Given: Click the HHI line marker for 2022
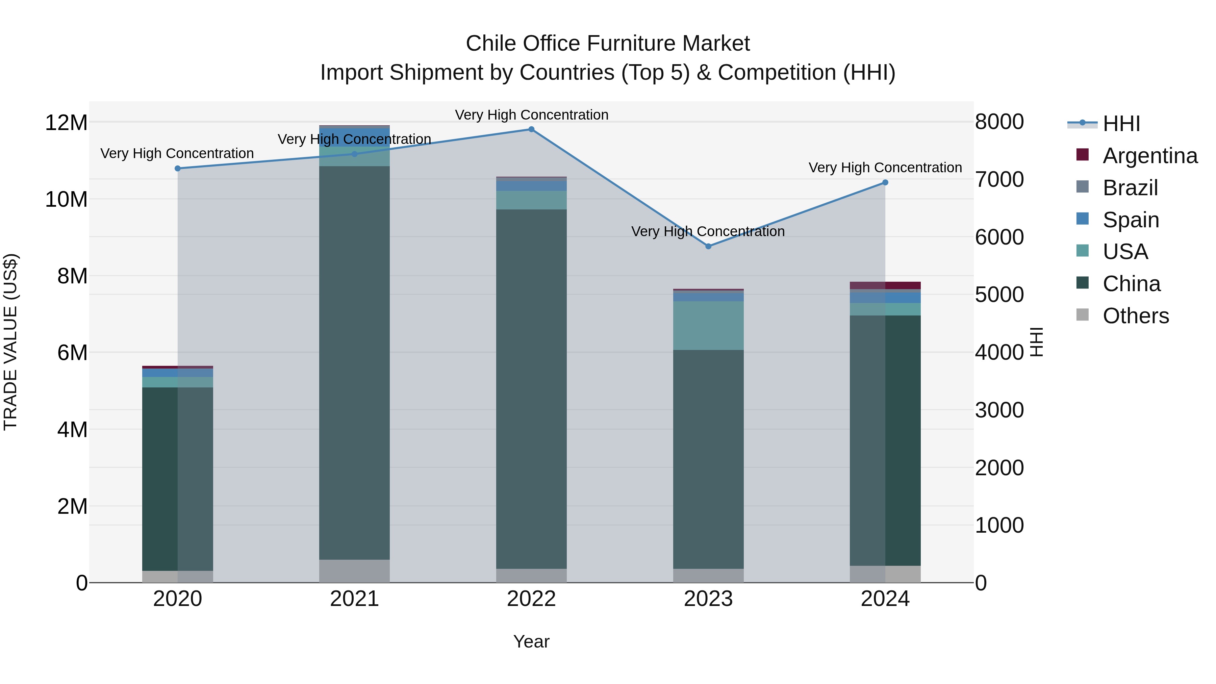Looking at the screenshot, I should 531,129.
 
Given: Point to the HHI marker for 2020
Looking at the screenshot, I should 177,169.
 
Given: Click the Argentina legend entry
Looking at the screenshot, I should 1149,156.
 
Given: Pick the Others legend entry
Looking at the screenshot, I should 1135,316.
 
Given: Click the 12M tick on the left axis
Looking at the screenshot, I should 66,123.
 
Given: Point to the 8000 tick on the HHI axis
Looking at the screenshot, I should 999,122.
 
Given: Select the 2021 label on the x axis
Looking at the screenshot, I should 355,599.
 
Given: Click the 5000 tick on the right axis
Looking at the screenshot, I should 999,295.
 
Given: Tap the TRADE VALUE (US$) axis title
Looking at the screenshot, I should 10,342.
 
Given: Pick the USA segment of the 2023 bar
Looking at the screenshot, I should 708,325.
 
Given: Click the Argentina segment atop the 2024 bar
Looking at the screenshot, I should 885,285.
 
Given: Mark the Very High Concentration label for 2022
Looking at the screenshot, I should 531,115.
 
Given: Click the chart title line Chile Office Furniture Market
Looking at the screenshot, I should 608,44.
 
